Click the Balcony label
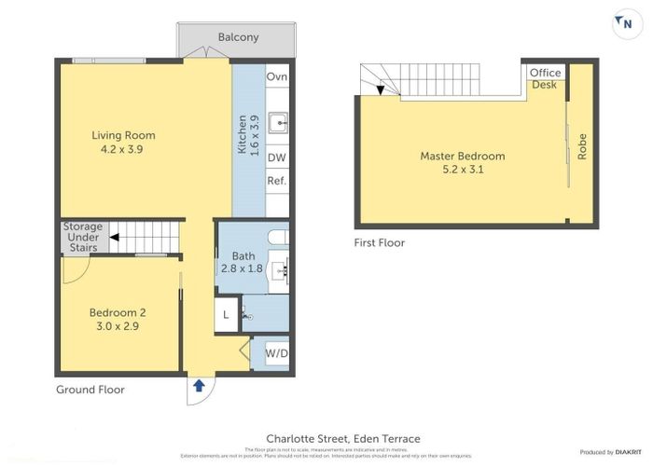238,37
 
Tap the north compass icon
621,25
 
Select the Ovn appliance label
276,76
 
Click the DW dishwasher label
276,158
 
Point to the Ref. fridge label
276,181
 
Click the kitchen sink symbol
277,122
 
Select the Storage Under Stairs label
82,238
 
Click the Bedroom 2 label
117,312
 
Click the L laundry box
227,315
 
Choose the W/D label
276,353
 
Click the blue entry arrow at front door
198,384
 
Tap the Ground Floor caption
90,390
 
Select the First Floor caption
380,242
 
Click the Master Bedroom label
462,157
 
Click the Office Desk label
545,78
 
